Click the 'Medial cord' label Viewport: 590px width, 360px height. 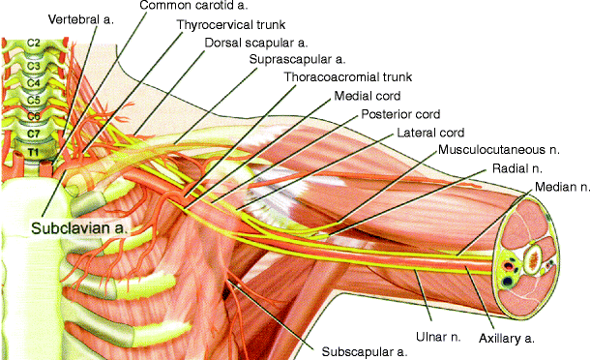point(368,97)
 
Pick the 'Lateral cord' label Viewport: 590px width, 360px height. point(430,133)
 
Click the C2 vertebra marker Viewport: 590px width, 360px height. point(32,44)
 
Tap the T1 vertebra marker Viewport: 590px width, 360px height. point(32,152)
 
